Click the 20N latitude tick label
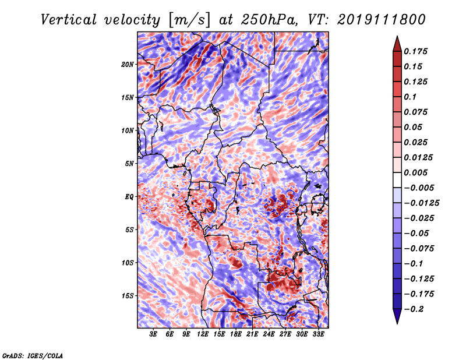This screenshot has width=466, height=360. point(128,64)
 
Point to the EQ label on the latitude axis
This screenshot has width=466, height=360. point(129,197)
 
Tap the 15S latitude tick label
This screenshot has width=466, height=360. point(128,296)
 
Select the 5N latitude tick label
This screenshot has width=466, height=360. point(129,164)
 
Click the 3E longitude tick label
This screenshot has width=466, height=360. point(154,334)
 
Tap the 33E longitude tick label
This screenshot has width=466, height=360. point(319,334)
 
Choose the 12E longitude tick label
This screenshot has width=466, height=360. point(203,334)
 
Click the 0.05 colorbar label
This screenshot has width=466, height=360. point(414,127)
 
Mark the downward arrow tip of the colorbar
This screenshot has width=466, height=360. point(396,322)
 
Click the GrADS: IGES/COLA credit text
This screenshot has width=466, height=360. point(32,355)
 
